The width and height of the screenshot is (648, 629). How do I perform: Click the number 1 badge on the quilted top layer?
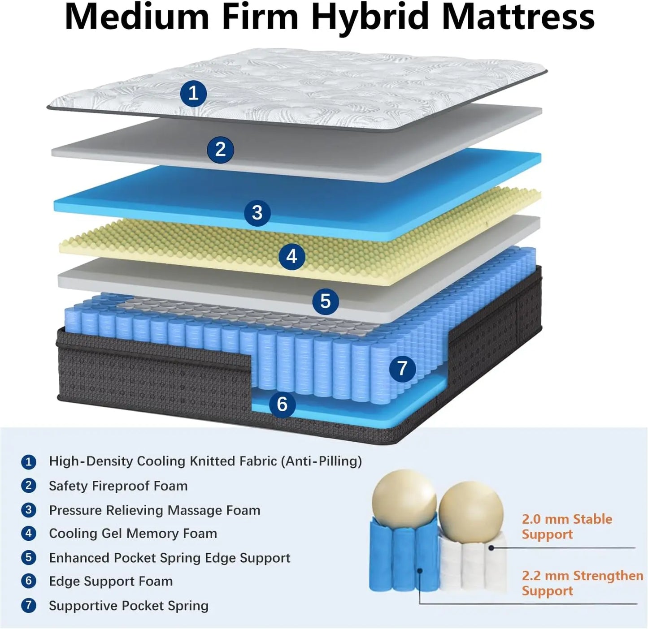(x=193, y=94)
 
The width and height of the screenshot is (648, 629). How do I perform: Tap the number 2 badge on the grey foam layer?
(x=220, y=149)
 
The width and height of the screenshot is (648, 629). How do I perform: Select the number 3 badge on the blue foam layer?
(x=257, y=212)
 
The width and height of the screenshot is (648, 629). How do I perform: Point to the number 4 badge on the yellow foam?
(x=291, y=256)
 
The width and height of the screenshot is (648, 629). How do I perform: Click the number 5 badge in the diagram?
(x=326, y=301)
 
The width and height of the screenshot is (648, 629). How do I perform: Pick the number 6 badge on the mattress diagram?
(x=282, y=404)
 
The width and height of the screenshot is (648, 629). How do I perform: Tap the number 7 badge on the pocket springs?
(x=402, y=368)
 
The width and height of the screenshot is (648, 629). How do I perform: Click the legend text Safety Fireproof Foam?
(x=118, y=486)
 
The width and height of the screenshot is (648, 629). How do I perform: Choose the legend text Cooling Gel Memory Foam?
(x=133, y=533)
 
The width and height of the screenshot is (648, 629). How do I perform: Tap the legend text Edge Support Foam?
(x=111, y=581)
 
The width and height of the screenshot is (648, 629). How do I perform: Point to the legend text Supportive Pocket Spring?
(x=129, y=606)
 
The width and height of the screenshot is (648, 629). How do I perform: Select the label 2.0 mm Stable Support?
(x=567, y=526)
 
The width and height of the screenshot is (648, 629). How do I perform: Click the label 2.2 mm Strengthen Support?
(x=582, y=583)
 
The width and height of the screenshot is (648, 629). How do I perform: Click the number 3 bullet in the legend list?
(x=29, y=510)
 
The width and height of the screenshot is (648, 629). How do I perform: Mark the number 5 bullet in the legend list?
(x=29, y=557)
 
